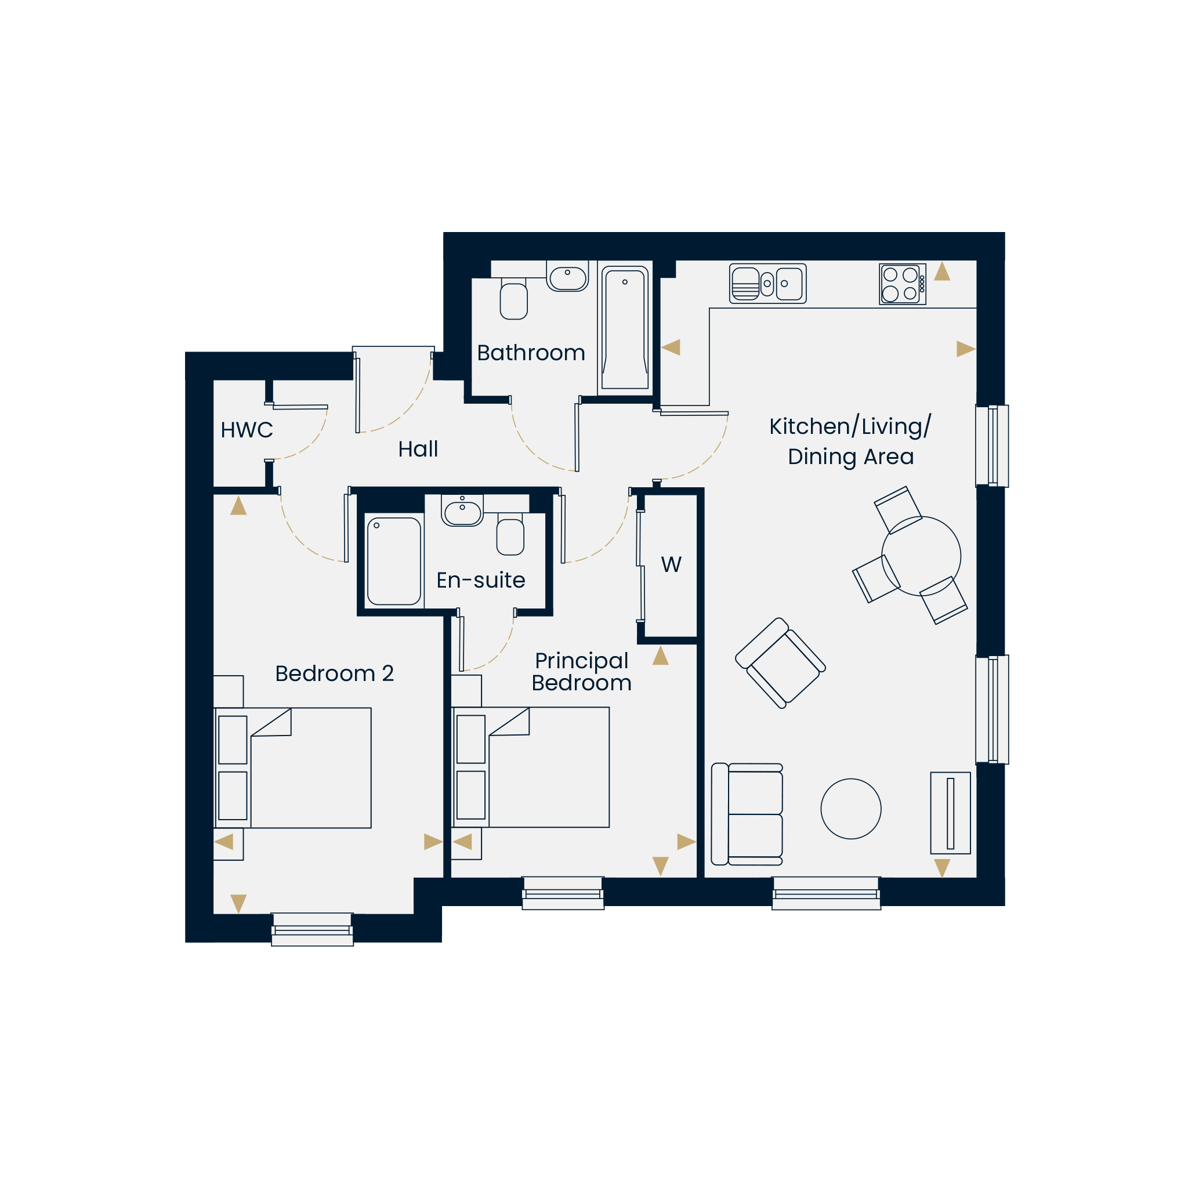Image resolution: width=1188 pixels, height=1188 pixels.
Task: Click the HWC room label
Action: (x=247, y=430)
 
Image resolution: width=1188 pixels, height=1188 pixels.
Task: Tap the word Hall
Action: (x=418, y=449)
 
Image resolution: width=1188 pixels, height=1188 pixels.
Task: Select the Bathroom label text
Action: (x=531, y=353)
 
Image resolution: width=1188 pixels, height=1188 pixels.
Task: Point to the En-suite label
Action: (x=481, y=580)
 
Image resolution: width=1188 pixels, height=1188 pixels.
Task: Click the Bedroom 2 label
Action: (x=335, y=673)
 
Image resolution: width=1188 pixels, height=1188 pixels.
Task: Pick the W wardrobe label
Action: (x=671, y=564)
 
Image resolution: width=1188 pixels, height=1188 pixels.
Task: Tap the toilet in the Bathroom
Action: (x=514, y=299)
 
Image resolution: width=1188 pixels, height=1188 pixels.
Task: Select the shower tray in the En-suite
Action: (x=394, y=561)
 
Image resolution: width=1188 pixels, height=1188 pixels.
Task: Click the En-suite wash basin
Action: (x=462, y=510)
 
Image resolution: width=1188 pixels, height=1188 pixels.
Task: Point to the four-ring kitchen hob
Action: (x=903, y=284)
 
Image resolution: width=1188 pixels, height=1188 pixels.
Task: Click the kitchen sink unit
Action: (x=768, y=284)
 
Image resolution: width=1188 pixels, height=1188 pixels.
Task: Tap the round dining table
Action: (x=921, y=556)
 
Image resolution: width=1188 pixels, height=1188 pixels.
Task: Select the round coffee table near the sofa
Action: (x=851, y=809)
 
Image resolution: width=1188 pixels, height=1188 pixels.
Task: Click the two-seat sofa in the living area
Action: (x=747, y=814)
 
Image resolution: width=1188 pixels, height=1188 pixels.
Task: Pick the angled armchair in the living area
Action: (x=780, y=663)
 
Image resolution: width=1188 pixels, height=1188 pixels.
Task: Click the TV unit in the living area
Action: (x=950, y=813)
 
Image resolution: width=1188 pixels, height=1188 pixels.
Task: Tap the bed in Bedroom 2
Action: (x=293, y=767)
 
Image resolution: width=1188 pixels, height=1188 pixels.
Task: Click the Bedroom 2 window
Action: (x=313, y=929)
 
